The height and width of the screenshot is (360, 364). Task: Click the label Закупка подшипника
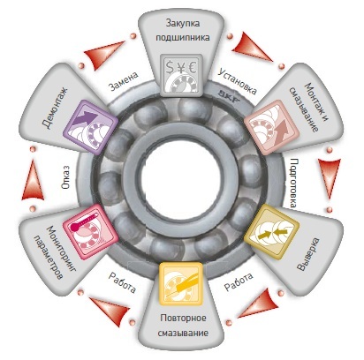point(183,30)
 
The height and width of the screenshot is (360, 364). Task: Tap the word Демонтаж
point(55,108)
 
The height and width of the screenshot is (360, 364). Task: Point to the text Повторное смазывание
point(183,326)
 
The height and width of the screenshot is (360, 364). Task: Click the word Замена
point(124,81)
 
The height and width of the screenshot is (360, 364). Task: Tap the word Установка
point(237,81)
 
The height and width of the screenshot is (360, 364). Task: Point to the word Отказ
point(65,176)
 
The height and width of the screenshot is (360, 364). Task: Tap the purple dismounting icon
point(91,127)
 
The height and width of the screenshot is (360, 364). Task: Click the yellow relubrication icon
point(181,284)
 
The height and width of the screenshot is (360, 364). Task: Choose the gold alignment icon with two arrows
point(271,231)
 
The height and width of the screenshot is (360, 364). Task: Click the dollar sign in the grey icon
point(170,67)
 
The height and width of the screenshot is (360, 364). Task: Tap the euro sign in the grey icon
point(193,67)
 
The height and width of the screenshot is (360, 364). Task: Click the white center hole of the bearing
point(181,179)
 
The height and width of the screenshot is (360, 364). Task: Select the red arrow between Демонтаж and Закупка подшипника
point(104,55)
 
